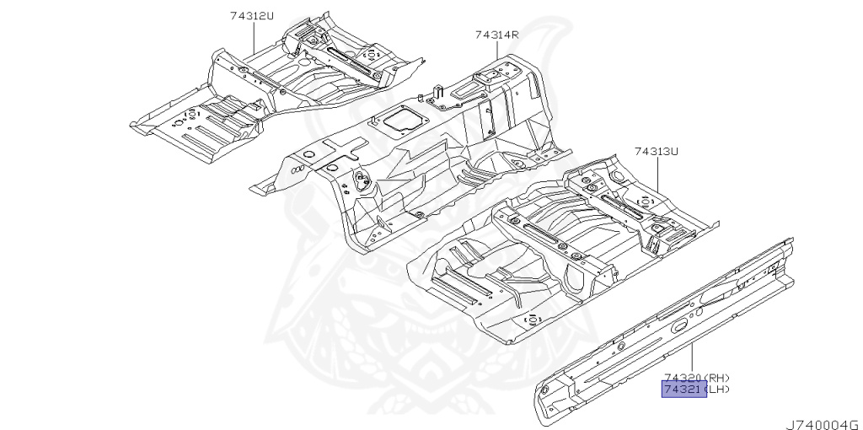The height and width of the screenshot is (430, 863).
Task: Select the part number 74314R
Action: (496, 35)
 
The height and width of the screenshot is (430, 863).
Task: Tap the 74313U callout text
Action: (657, 151)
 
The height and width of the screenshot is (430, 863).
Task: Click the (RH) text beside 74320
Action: (716, 378)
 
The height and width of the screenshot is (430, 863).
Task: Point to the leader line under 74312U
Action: (253, 38)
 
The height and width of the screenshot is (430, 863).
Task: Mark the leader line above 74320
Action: (693, 358)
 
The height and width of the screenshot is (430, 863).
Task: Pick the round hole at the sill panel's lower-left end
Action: (544, 390)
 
